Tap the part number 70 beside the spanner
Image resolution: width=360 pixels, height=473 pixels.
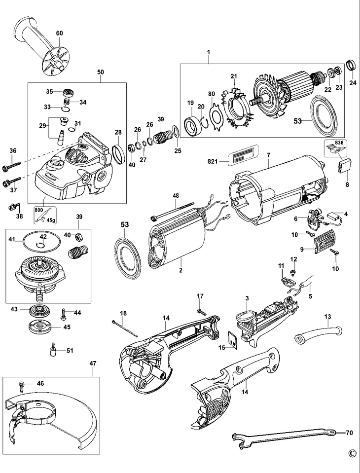click(x=349, y=433)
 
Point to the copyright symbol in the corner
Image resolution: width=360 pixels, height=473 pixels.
click(x=351, y=453)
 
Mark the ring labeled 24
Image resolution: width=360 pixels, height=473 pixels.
click(x=351, y=65)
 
